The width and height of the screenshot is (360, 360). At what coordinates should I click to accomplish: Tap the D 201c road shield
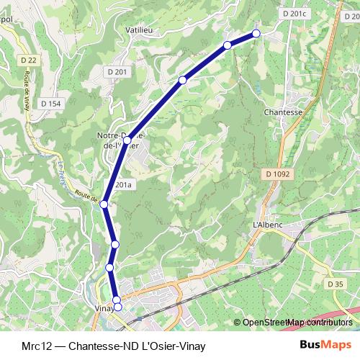[294, 13]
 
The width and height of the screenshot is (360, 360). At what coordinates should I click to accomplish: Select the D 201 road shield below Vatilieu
[117, 71]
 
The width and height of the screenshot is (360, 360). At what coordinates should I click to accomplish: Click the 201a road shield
[124, 185]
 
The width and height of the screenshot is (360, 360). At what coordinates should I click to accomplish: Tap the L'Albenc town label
[266, 225]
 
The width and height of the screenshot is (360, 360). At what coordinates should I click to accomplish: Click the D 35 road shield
[334, 284]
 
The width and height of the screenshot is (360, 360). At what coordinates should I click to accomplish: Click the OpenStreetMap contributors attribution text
[297, 322]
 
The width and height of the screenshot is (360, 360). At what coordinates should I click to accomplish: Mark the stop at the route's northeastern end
[256, 33]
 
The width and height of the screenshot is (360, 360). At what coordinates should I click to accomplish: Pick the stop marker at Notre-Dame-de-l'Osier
[127, 140]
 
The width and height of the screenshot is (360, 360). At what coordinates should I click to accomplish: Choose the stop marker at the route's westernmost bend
[104, 204]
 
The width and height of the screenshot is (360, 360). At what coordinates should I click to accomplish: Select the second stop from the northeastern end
[228, 45]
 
